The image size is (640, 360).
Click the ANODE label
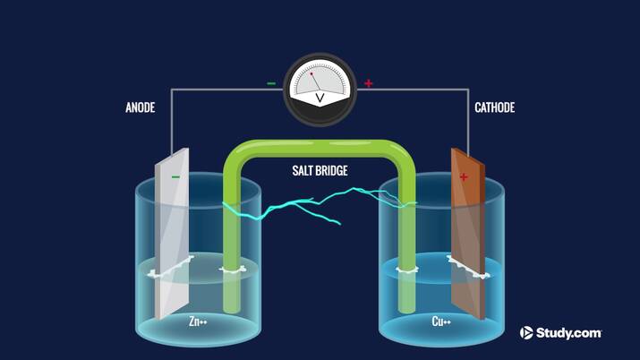point(140,107)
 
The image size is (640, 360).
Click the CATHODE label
point(493,107)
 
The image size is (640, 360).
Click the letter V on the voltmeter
point(320,97)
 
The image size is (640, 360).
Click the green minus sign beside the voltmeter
point(271,84)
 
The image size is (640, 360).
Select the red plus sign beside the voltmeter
point(368,84)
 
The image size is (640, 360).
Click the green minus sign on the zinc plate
point(175,177)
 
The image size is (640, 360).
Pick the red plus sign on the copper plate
point(464,177)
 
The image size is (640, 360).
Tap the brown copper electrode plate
point(468,242)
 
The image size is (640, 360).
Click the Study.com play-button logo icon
point(526,333)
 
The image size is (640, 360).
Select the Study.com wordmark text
point(569,333)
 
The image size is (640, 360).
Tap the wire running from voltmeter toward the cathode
point(421,90)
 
